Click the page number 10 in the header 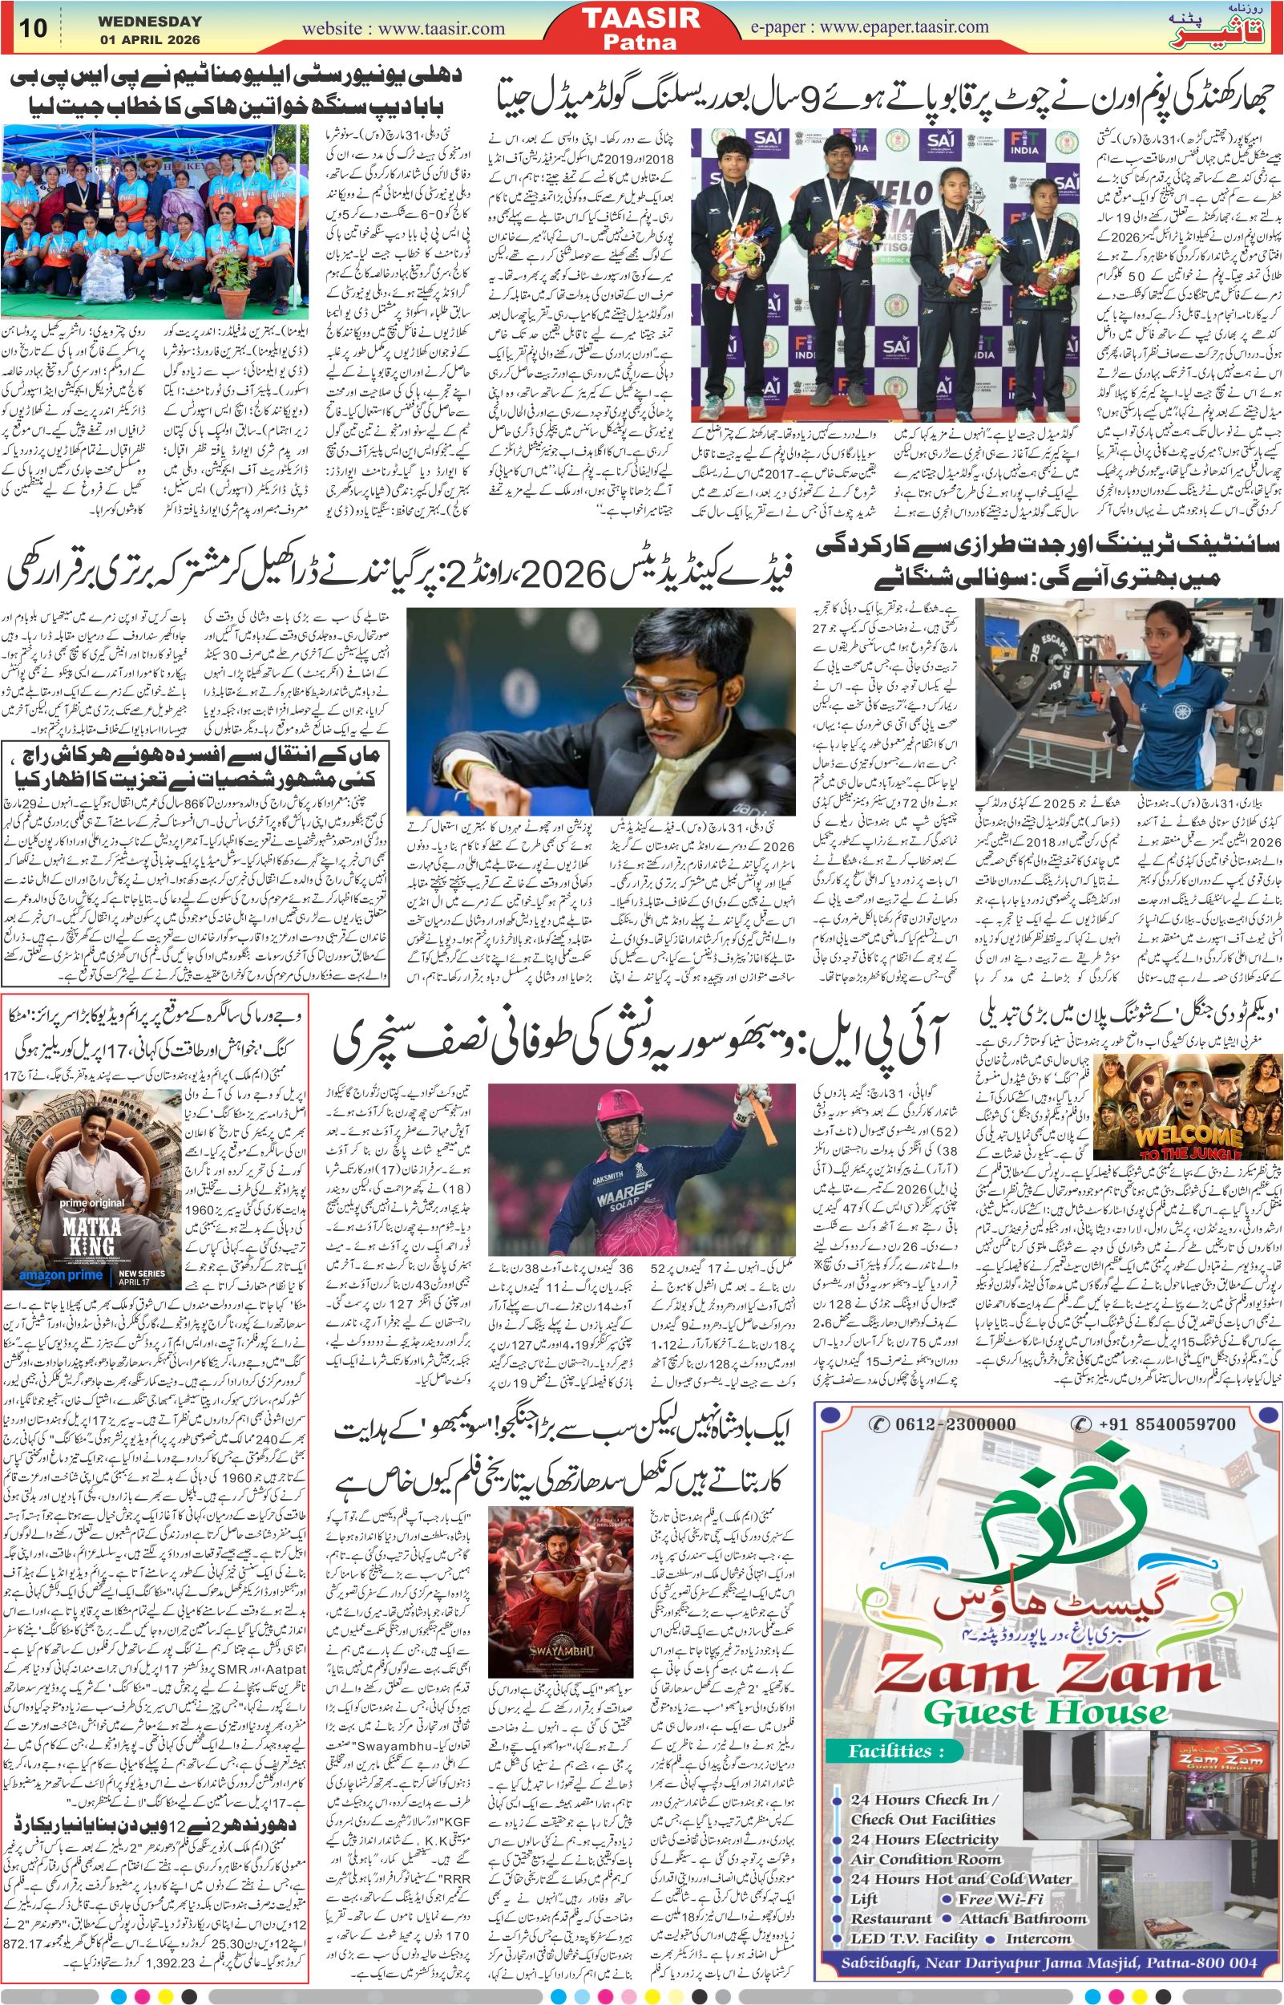(x=34, y=28)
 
